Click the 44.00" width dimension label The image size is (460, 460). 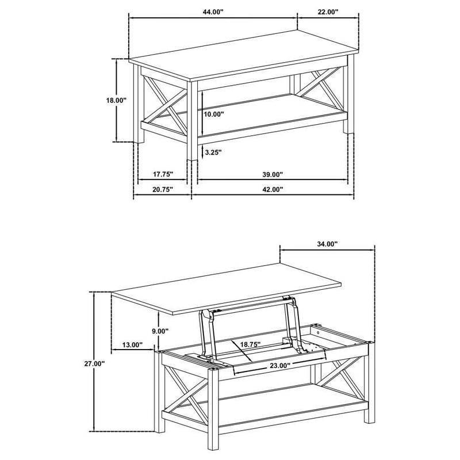(213, 11)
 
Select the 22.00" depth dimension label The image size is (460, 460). (325, 11)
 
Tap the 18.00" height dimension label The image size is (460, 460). (116, 99)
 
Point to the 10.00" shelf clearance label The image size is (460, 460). (214, 114)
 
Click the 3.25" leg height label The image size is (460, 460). (213, 152)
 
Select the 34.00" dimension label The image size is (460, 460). (327, 244)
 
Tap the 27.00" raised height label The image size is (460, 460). (95, 363)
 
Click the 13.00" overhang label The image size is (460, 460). (132, 345)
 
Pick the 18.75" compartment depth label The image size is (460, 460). (250, 344)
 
